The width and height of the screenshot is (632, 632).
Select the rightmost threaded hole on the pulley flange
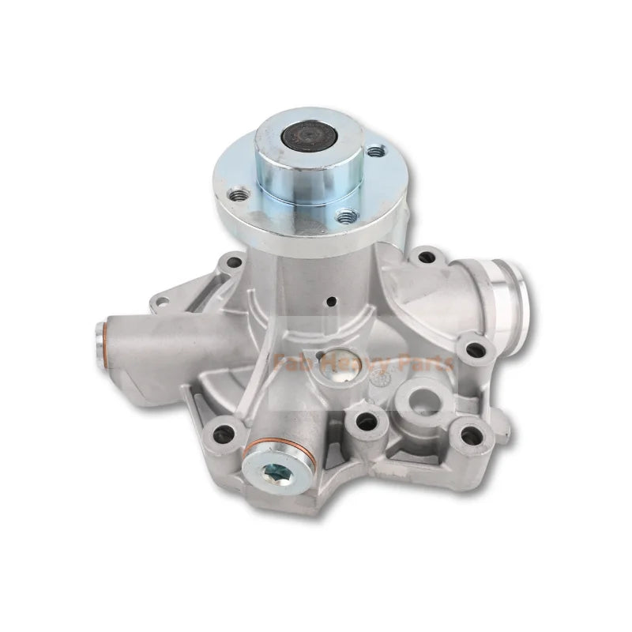pos(375,149)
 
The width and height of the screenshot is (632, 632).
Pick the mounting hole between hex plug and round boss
pos(367,421)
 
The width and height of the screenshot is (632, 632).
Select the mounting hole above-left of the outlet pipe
pos(428,256)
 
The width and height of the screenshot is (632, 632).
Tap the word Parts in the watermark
pos(426,364)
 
